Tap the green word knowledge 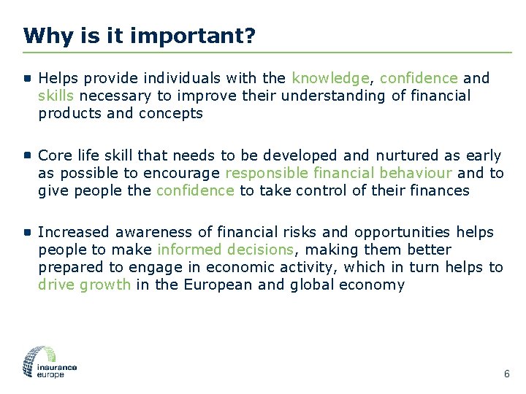coord(330,78)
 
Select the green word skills coord(56,96)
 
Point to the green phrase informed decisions coord(225,250)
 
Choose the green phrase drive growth coord(84,285)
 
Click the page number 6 coord(506,374)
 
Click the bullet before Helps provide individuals coord(27,77)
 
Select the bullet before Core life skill coord(27,155)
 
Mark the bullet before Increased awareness coord(27,232)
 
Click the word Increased coord(72,233)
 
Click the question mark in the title coord(250,36)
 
